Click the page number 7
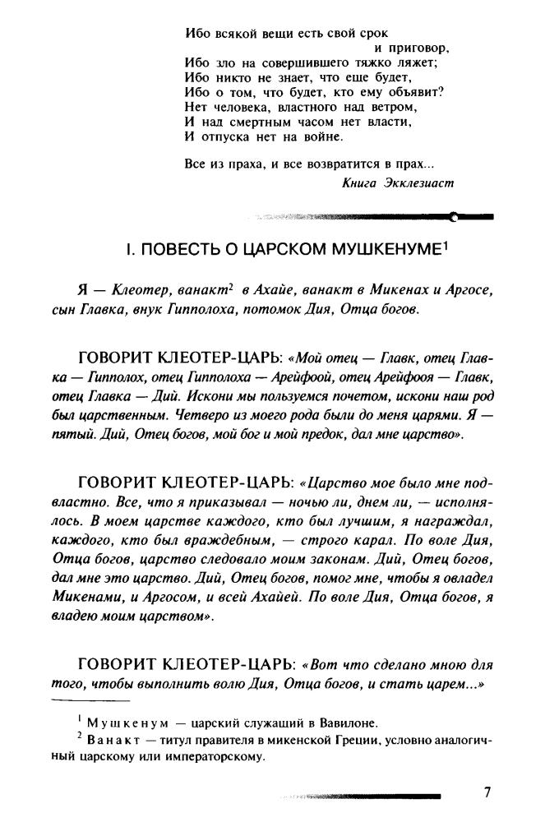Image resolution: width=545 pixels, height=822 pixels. coord(487,792)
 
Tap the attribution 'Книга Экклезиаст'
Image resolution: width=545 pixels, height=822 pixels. coord(397,182)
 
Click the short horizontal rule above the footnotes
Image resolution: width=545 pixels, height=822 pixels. coord(90,700)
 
